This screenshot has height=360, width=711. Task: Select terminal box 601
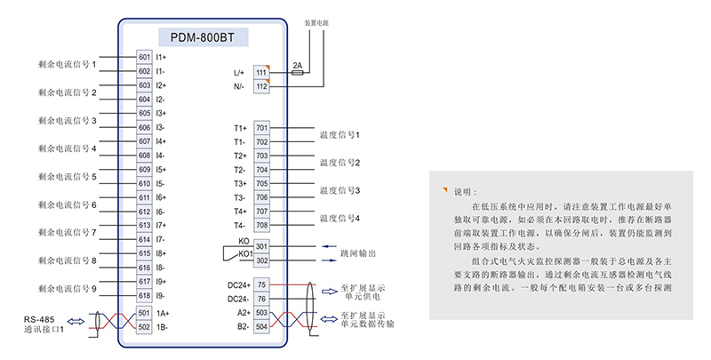[x=144, y=57]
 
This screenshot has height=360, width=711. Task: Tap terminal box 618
[x=144, y=295]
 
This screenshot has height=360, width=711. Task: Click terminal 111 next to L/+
[x=261, y=72]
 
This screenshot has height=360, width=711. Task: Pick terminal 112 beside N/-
[x=261, y=86]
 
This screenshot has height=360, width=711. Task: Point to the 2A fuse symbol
[x=297, y=75]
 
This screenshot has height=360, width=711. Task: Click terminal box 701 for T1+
[x=261, y=128]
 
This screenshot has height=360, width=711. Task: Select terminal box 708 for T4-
[x=261, y=225]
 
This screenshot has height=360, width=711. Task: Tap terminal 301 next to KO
[x=261, y=246]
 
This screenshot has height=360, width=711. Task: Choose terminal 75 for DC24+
[x=261, y=284]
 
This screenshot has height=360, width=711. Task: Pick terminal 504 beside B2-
[x=261, y=327]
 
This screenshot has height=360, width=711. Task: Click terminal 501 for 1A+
[x=144, y=313]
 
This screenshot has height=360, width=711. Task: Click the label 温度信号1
[x=339, y=135]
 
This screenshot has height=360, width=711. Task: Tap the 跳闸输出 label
[x=357, y=253]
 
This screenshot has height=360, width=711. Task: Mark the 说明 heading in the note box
[x=466, y=191]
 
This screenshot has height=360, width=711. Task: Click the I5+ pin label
[x=162, y=169]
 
